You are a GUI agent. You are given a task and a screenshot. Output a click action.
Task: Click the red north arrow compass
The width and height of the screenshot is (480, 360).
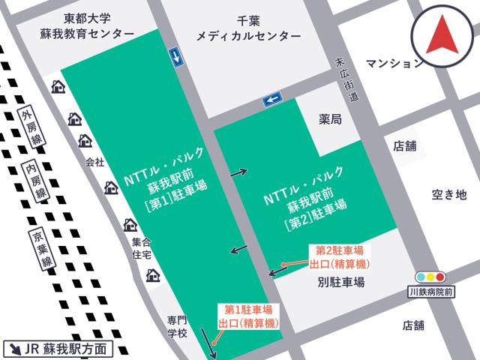point(442,39)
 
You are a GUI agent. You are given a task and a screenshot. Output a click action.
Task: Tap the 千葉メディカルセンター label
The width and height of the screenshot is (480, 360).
point(247,29)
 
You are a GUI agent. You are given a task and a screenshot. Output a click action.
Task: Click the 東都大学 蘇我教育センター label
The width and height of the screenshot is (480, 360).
point(88,27)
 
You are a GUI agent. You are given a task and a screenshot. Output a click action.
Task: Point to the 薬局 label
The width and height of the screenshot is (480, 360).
point(330,119)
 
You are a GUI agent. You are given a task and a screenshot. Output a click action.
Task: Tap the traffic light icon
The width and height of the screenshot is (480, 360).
point(430,276)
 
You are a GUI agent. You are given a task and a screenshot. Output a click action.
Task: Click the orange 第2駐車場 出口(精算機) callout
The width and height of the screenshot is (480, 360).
point(339,256)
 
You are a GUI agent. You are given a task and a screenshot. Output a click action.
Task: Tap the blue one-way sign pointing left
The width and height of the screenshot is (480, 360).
point(271,98)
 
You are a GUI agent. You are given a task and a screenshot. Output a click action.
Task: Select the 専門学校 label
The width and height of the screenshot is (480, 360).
point(177,326)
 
